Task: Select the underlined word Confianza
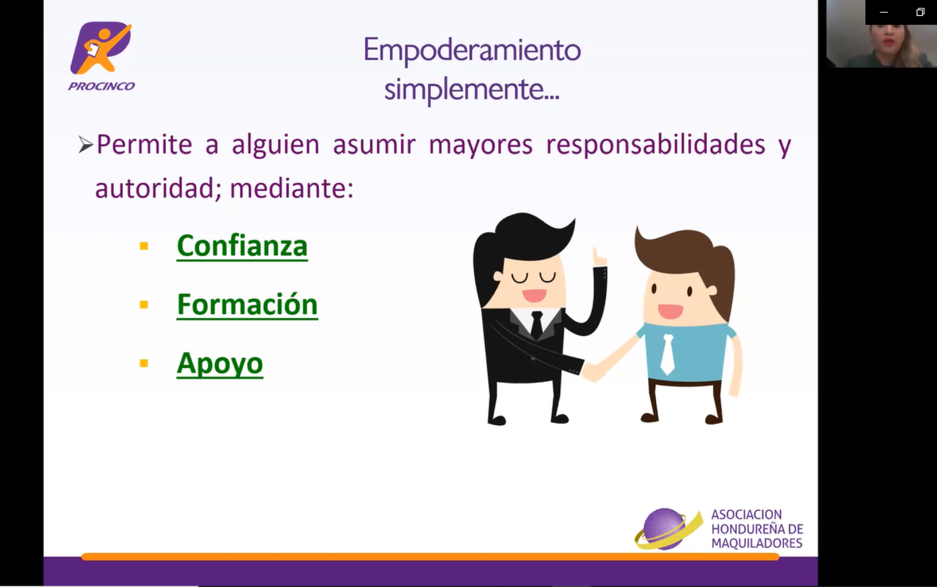[x=242, y=246]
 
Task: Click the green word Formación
[x=247, y=305]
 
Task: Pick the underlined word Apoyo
[x=220, y=364]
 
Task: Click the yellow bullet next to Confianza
[x=144, y=246]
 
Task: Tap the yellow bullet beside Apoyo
[x=144, y=363]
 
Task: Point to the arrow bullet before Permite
[x=86, y=145]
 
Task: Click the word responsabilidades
[x=656, y=145]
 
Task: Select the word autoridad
[x=158, y=189]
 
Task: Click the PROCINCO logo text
[x=101, y=86]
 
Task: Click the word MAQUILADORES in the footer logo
[x=757, y=543]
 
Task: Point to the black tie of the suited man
[x=536, y=325]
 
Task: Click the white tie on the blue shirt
[x=667, y=354]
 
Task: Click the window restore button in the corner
[x=920, y=12]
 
